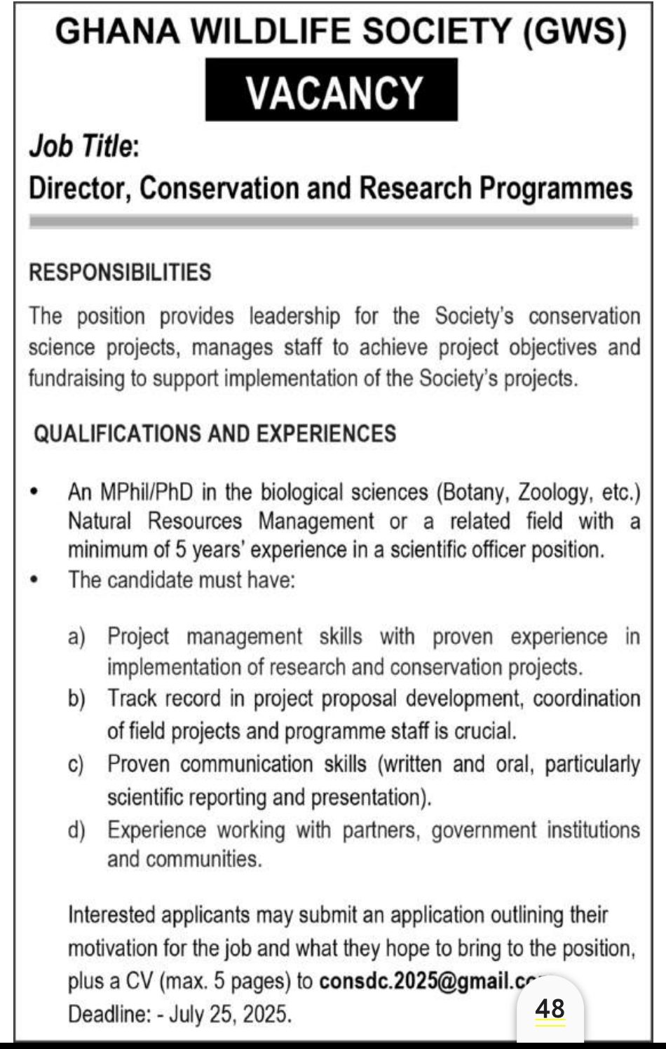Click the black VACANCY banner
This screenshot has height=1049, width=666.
point(331,90)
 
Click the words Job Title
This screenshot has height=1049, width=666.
point(81,146)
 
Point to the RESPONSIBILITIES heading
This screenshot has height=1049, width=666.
point(120,273)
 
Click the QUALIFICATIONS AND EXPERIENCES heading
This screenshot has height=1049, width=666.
point(215,434)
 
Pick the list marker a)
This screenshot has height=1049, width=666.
point(76,637)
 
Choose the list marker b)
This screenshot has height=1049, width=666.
point(76,699)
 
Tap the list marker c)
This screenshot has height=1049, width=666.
point(76,764)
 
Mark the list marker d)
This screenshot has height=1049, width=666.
point(76,830)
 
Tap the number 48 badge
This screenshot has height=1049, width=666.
point(550,1009)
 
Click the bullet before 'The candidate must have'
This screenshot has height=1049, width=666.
point(34,580)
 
